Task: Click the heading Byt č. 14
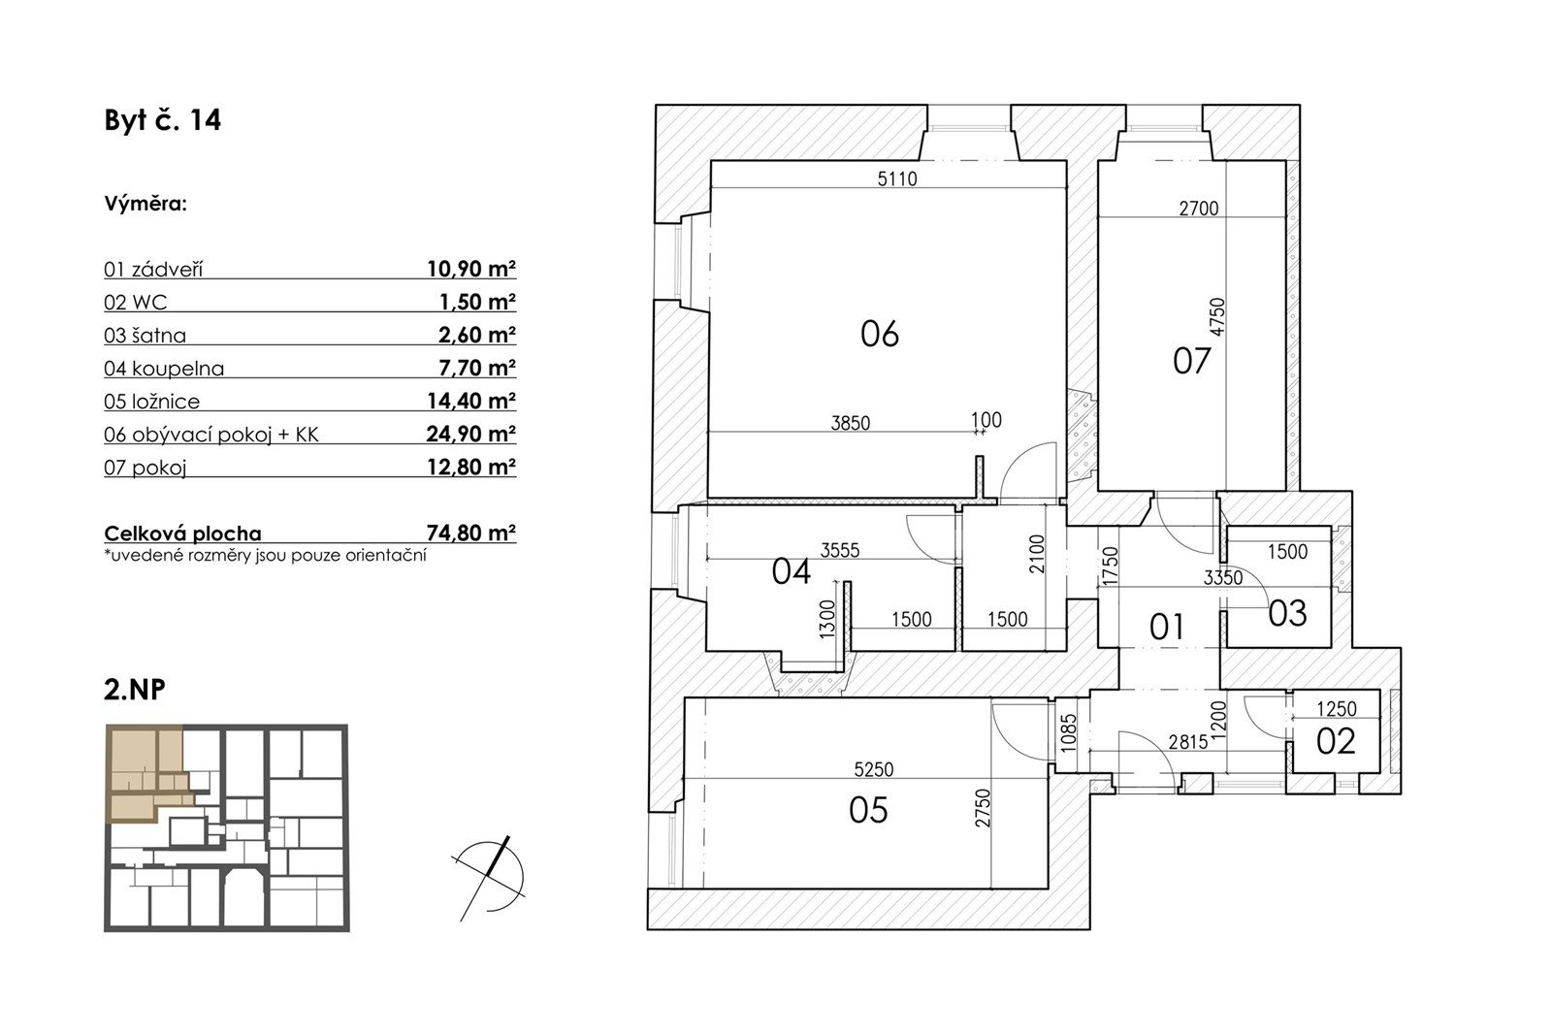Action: point(163,120)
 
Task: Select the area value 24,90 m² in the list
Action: point(471,434)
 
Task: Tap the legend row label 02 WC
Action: point(136,303)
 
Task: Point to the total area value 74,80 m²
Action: point(471,533)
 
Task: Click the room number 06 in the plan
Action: point(880,334)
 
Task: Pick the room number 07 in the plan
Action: point(1192,361)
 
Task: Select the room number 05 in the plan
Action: point(868,810)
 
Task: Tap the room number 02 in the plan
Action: point(1336,741)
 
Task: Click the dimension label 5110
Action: point(897,178)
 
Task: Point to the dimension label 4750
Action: point(1217,317)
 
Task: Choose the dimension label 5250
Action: point(874,769)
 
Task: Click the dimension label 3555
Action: point(840,550)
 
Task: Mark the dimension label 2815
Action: point(1188,742)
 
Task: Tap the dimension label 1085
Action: point(1069,733)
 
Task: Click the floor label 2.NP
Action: point(135,690)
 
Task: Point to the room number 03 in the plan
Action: point(1287,614)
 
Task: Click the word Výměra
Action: point(145,204)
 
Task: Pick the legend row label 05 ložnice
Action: point(151,402)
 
